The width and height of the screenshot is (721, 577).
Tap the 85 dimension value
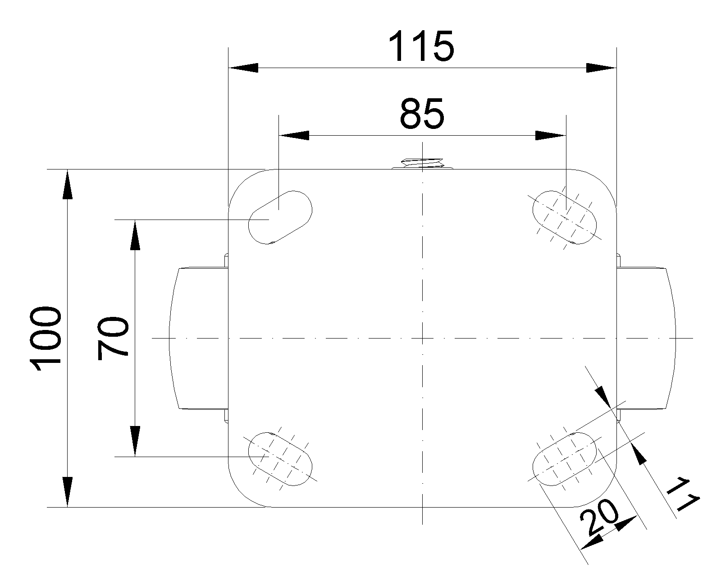point(422,114)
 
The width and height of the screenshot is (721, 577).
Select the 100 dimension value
point(45,339)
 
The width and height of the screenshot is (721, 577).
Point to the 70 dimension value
point(113,338)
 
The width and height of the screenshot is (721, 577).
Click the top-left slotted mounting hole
point(280,217)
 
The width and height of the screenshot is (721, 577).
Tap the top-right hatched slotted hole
point(565,217)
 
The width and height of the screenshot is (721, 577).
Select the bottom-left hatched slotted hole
point(280,458)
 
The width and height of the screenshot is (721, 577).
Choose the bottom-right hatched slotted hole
point(565,458)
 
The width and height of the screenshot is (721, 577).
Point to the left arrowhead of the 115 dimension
point(243,68)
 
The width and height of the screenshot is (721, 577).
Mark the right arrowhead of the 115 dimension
point(601,68)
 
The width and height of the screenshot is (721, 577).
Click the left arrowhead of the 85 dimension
point(294,135)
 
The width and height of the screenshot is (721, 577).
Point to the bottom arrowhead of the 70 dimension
point(134,442)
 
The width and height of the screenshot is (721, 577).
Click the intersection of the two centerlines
point(422,338)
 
